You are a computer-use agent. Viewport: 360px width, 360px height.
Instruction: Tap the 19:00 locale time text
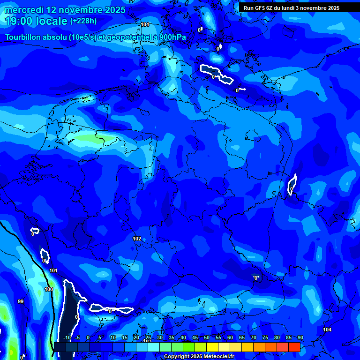[36, 21]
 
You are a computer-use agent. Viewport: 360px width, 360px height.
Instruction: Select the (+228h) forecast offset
[83, 21]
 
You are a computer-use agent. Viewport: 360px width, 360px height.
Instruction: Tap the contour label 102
[137, 239]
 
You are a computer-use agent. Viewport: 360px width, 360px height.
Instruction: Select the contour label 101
[53, 270]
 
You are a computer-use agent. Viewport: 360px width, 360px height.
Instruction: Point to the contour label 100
[49, 289]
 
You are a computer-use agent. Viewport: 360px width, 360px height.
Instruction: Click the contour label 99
[20, 301]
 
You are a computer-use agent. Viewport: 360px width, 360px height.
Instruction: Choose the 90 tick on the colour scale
[300, 337]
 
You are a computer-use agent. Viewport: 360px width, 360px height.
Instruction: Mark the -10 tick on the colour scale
[67, 337]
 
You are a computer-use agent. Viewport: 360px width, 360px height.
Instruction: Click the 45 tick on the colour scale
[195, 337]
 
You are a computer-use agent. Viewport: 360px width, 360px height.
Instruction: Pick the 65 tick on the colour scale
[242, 337]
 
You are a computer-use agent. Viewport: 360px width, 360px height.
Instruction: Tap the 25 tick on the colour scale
[148, 337]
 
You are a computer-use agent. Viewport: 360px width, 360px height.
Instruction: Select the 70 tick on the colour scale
[254, 337]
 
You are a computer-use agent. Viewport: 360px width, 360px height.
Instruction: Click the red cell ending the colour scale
[294, 347]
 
